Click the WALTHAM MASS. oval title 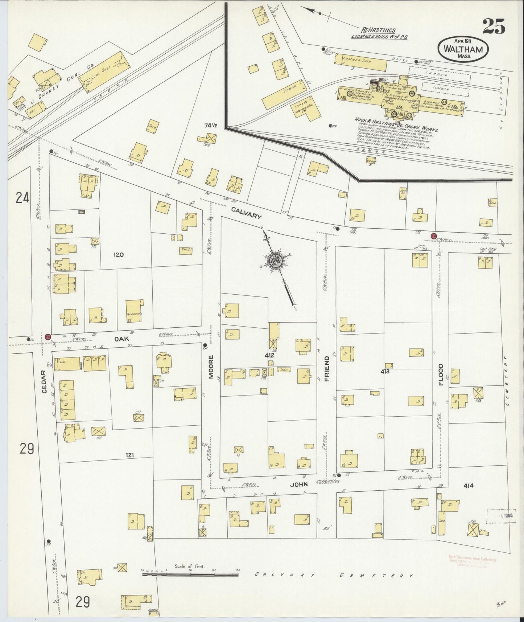[x=463, y=50]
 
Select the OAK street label [x=119, y=339]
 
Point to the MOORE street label [x=211, y=367]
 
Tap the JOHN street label [x=300, y=484]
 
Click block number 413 [x=385, y=371]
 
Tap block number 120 [x=119, y=255]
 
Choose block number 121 [x=130, y=454]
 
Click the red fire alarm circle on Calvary [x=433, y=236]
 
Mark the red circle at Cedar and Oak [x=48, y=336]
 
